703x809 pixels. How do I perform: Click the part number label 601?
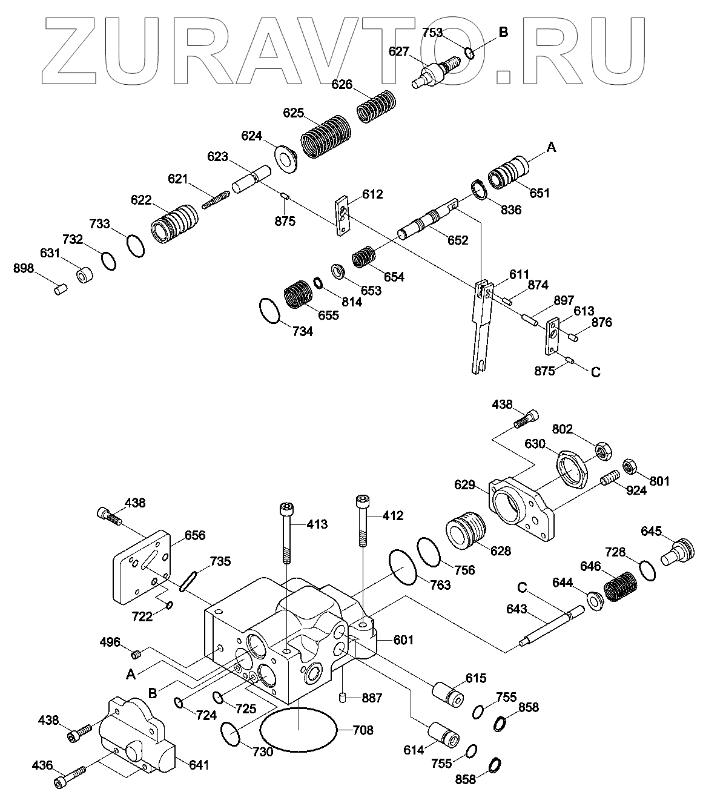(403, 640)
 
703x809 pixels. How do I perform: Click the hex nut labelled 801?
(629, 467)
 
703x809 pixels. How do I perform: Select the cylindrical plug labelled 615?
(447, 692)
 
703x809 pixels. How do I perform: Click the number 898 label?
(25, 268)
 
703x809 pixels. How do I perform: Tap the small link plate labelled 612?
(343, 216)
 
